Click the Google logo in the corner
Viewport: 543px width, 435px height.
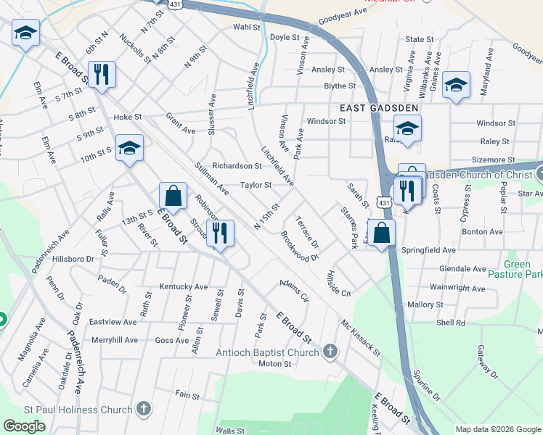[x=24, y=426]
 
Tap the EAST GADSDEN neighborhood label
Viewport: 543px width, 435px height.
[x=379, y=107]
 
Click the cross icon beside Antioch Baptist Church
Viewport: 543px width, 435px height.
[x=330, y=353]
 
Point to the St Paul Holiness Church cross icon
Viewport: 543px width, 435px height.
[x=144, y=410]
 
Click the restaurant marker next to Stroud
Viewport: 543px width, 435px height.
[x=219, y=233]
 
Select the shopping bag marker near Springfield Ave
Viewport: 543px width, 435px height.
[x=383, y=233]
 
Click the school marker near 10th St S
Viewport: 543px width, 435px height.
[x=130, y=149]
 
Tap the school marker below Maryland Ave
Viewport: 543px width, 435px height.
[x=457, y=85]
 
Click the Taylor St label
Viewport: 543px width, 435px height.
[x=256, y=185]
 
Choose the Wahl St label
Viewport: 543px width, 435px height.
[x=246, y=27]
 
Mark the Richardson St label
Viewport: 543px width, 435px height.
[x=237, y=166]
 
